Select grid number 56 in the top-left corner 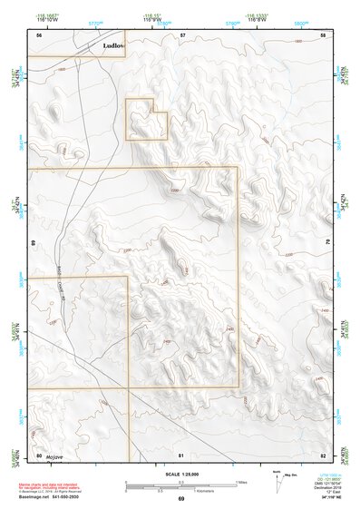39,34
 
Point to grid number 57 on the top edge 182,34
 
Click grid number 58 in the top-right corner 324,34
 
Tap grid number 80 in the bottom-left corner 39,455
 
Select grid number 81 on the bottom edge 181,455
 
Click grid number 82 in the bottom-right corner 324,455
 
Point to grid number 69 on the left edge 34,244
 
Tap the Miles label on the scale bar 240,481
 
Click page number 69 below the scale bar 181,499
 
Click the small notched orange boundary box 147,120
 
